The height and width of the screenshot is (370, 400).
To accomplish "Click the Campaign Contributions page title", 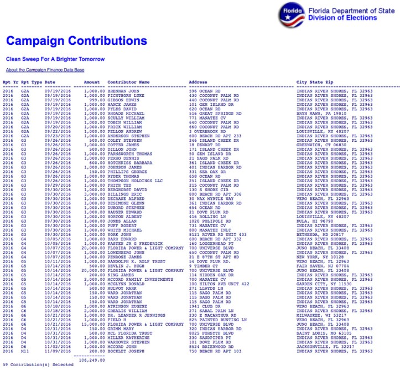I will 76,41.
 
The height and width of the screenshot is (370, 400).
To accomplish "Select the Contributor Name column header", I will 128,82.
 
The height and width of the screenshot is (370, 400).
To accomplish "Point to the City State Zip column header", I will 315,82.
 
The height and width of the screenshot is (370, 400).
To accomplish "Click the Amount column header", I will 92,82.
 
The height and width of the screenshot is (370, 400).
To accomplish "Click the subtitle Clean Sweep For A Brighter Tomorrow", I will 55,59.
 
